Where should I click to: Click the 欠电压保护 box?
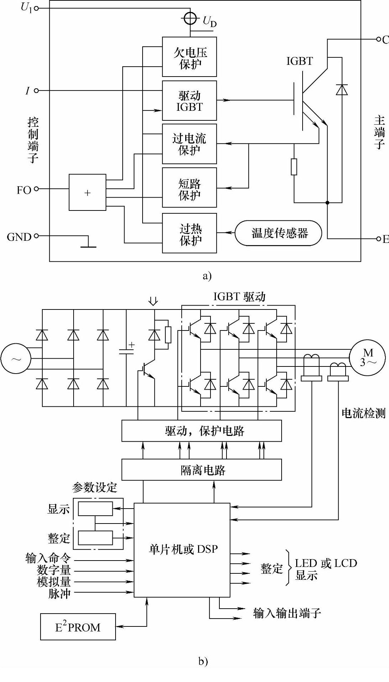click(x=190, y=57)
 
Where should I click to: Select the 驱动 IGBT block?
click(x=190, y=101)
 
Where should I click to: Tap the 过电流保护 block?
click(x=190, y=144)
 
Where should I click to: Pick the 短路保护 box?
click(x=190, y=188)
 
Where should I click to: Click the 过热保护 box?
click(x=190, y=233)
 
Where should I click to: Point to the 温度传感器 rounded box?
click(x=278, y=233)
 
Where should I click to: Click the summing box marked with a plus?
click(x=87, y=192)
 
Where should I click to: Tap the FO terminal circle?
click(x=36, y=189)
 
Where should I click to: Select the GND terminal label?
click(x=19, y=237)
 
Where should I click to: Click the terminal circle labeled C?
click(x=379, y=39)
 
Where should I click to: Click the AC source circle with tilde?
click(x=16, y=358)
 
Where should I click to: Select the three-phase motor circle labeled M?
click(x=367, y=358)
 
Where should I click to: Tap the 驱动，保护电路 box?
click(x=202, y=431)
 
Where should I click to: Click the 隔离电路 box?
click(x=202, y=470)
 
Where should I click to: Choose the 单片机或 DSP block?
click(x=182, y=550)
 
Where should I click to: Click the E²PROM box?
click(x=78, y=627)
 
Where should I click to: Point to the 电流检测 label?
click(x=363, y=413)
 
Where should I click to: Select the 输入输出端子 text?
click(x=287, y=613)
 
